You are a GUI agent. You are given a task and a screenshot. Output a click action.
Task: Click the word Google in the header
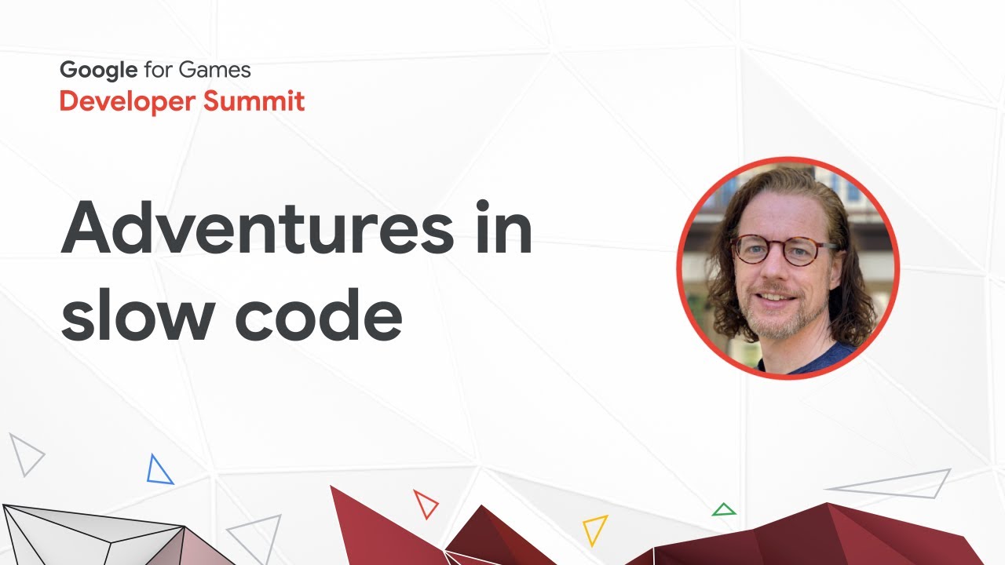coord(99,71)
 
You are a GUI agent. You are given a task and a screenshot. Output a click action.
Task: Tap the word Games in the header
coord(214,70)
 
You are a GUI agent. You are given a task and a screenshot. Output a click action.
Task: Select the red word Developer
coord(127,101)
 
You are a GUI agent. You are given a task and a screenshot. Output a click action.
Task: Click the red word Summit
coord(254,100)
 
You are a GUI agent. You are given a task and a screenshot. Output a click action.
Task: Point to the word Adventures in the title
coord(258,228)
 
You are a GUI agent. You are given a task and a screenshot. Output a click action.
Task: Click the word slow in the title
coord(137,315)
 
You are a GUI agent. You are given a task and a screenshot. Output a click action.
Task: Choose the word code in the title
coord(319,315)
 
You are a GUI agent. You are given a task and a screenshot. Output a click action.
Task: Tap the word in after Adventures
coord(503,227)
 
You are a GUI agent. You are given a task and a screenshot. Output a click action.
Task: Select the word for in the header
coord(158,70)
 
